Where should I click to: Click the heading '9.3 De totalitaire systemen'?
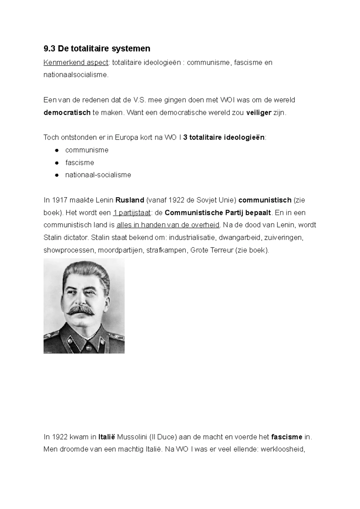[97, 49]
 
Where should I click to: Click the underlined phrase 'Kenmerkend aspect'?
[76, 63]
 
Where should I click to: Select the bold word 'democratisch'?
[67, 113]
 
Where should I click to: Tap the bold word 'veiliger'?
[259, 113]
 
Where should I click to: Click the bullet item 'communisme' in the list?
[87, 150]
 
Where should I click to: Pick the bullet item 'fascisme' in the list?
[79, 163]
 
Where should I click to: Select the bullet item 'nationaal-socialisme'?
[98, 175]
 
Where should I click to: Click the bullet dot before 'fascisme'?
[56, 163]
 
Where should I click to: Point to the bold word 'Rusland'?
[130, 200]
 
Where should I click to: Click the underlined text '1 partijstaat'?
[131, 213]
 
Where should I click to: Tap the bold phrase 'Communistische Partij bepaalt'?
[218, 213]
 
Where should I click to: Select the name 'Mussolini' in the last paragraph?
[132, 437]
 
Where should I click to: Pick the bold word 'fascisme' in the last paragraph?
[286, 437]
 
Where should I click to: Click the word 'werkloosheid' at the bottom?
[283, 450]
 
